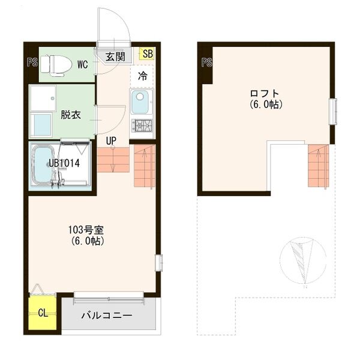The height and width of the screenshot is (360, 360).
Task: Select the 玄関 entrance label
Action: (x=116, y=57)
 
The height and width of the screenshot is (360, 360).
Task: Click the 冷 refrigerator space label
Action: (x=143, y=76)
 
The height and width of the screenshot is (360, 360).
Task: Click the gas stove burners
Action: (x=143, y=126)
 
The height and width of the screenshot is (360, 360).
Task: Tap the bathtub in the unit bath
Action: (x=43, y=166)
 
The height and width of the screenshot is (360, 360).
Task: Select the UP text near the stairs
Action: (x=111, y=141)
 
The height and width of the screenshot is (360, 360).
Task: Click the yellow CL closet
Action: (x=42, y=313)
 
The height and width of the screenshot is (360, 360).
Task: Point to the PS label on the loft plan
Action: (x=207, y=61)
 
